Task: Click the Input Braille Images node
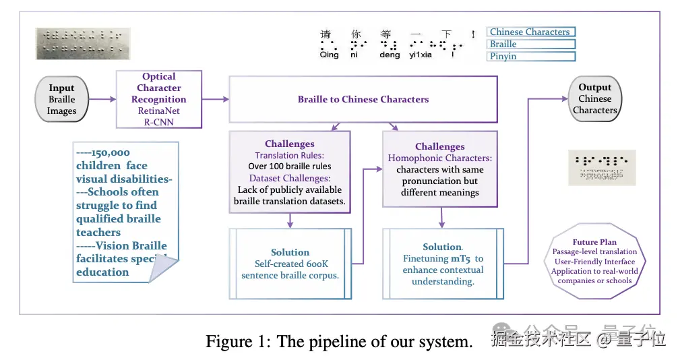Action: coord(61,99)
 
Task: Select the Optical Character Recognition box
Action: coord(158,99)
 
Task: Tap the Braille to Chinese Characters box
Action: coord(363,99)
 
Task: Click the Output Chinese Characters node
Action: coord(594,98)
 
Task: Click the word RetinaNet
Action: coord(159,111)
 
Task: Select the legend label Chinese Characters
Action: coord(530,32)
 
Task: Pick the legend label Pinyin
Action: coord(503,57)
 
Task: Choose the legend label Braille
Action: coord(503,44)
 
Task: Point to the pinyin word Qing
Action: coord(330,56)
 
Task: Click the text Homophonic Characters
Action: coord(439,158)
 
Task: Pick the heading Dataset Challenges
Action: coord(289,178)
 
